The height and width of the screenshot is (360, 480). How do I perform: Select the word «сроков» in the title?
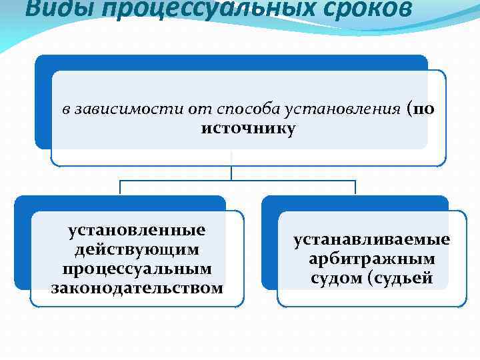353,9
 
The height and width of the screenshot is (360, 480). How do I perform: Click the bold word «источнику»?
247,128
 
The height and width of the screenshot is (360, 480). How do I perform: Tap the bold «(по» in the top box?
419,109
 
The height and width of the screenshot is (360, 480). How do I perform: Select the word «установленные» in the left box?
137,231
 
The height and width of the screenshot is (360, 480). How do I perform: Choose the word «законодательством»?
137,288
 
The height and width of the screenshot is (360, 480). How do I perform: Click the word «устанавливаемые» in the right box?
372,239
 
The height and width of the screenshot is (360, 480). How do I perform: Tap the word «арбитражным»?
372,259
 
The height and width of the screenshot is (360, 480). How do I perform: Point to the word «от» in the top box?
193,109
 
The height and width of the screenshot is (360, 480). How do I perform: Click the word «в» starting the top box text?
66,109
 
